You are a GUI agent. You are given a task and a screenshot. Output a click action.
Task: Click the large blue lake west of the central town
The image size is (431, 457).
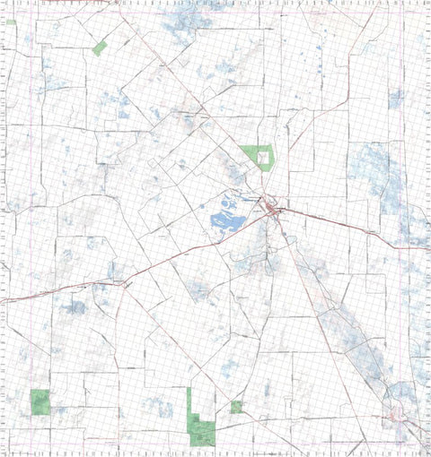(x=226, y=218)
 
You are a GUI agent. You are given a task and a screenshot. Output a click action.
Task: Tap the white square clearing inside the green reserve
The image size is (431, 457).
(x=262, y=157)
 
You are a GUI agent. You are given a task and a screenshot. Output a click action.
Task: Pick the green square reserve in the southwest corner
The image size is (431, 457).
(x=40, y=401)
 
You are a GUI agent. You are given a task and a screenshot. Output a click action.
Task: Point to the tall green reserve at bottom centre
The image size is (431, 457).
(x=198, y=421)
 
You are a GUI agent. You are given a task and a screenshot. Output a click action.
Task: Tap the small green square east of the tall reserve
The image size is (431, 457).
(x=235, y=407)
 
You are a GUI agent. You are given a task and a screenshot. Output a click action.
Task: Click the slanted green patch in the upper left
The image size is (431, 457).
(x=99, y=48)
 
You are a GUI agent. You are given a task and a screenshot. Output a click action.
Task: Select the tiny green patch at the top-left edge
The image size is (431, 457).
(x=10, y=22)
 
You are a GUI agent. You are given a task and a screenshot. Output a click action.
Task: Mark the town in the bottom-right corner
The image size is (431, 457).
(x=397, y=414)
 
